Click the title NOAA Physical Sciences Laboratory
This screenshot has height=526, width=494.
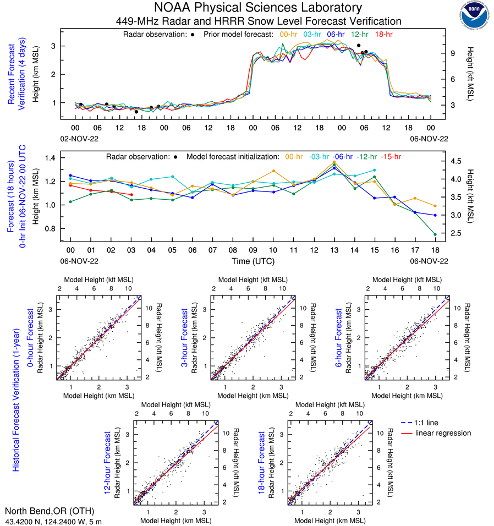258,8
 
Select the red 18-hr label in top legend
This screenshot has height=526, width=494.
383,35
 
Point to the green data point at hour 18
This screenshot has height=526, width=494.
435,235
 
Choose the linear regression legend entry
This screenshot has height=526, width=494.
443,433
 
